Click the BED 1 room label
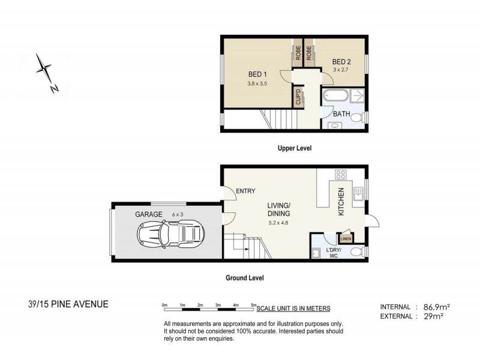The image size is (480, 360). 257,74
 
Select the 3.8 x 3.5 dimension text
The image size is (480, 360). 257,84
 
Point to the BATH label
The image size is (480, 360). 342,113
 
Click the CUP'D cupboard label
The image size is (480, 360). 298,97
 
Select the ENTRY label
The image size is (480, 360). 245,191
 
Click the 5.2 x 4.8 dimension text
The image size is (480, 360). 279,223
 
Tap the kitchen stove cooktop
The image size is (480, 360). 341,175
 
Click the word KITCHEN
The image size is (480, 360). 341,202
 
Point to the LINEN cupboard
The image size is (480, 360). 346,239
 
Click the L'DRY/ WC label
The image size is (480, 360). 334,253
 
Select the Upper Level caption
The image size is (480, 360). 295,148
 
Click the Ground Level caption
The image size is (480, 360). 244,278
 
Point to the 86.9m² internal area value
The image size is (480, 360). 436,307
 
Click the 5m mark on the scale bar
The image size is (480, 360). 254,306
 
